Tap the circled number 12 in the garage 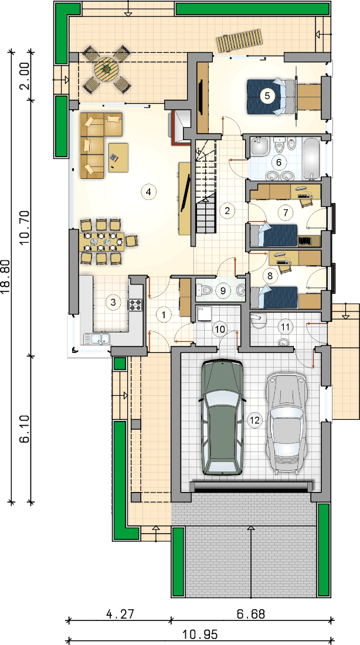pos(255,420)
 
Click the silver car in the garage pos(286,424)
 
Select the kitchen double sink pos(97,338)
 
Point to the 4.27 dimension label pos(120,614)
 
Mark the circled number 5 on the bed pos(267,96)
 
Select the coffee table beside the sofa pos(118,157)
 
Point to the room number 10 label pos(219,329)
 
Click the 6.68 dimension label pos(251,614)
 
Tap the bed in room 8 pos(274,297)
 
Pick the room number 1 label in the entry pos(164,315)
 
